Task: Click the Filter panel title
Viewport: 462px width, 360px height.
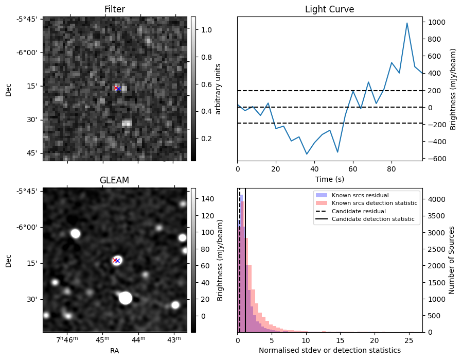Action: tap(114, 9)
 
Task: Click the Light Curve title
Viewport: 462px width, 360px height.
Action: tap(329, 9)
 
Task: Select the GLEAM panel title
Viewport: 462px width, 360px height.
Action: tap(114, 180)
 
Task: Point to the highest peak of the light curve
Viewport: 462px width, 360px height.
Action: tap(407, 23)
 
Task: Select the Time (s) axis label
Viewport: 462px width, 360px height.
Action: tap(329, 179)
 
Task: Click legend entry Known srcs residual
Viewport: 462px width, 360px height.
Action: tap(360, 196)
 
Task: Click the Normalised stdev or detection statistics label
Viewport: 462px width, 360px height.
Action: tap(329, 350)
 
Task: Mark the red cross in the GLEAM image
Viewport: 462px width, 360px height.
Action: tap(115, 261)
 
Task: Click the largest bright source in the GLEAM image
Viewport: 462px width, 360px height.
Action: tap(125, 298)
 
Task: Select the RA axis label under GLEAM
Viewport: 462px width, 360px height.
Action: tap(114, 350)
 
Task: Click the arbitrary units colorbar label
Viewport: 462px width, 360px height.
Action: tap(218, 89)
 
